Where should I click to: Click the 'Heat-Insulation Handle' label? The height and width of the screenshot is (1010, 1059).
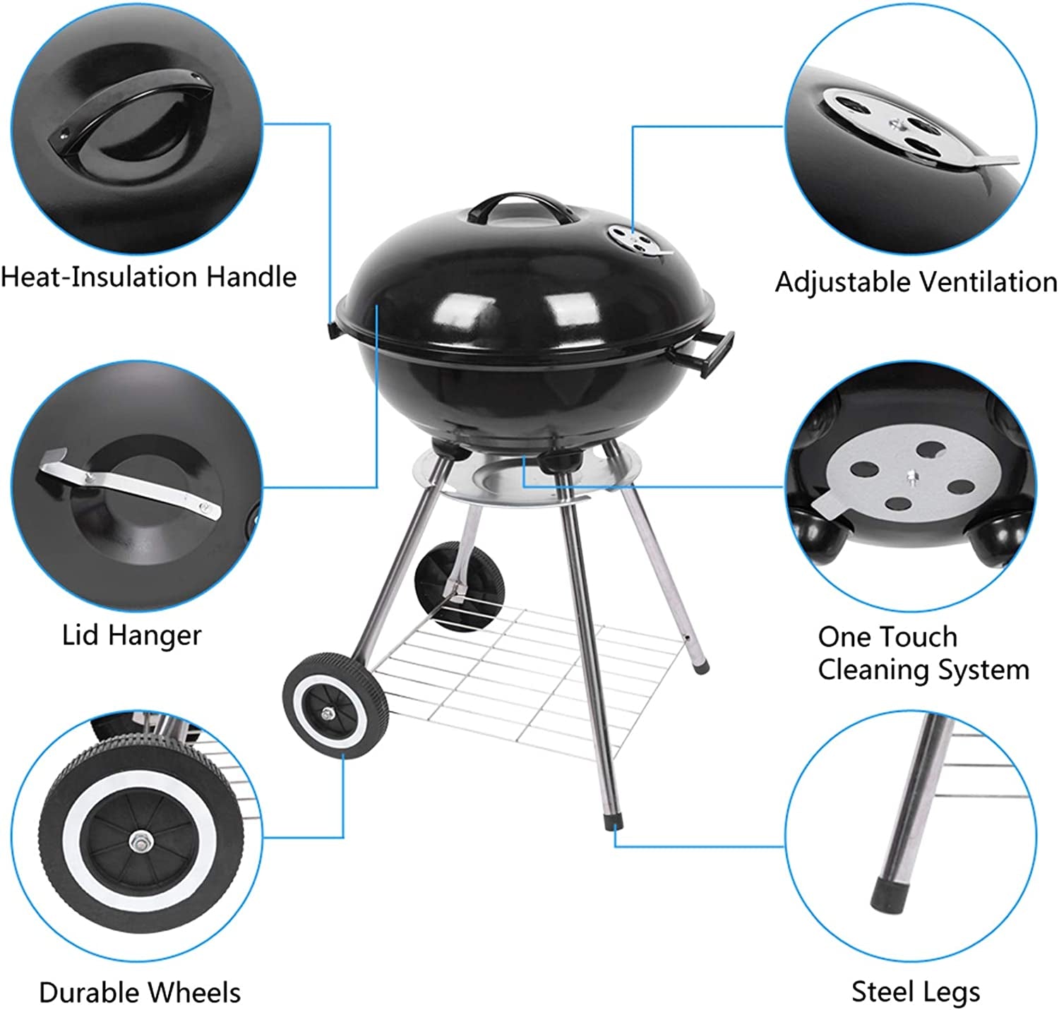tap(148, 277)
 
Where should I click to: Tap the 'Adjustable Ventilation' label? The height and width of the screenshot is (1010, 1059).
tap(916, 282)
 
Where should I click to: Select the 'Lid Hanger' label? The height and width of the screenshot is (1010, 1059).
tap(131, 635)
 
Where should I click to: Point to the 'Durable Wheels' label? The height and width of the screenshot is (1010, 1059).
tap(140, 992)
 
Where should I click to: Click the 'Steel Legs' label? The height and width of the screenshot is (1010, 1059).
tap(916, 992)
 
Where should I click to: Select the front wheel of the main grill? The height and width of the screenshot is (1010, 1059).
tap(335, 706)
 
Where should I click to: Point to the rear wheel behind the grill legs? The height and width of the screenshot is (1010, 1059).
tap(459, 586)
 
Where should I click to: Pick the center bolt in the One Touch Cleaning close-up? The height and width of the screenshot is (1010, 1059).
tap(912, 476)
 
